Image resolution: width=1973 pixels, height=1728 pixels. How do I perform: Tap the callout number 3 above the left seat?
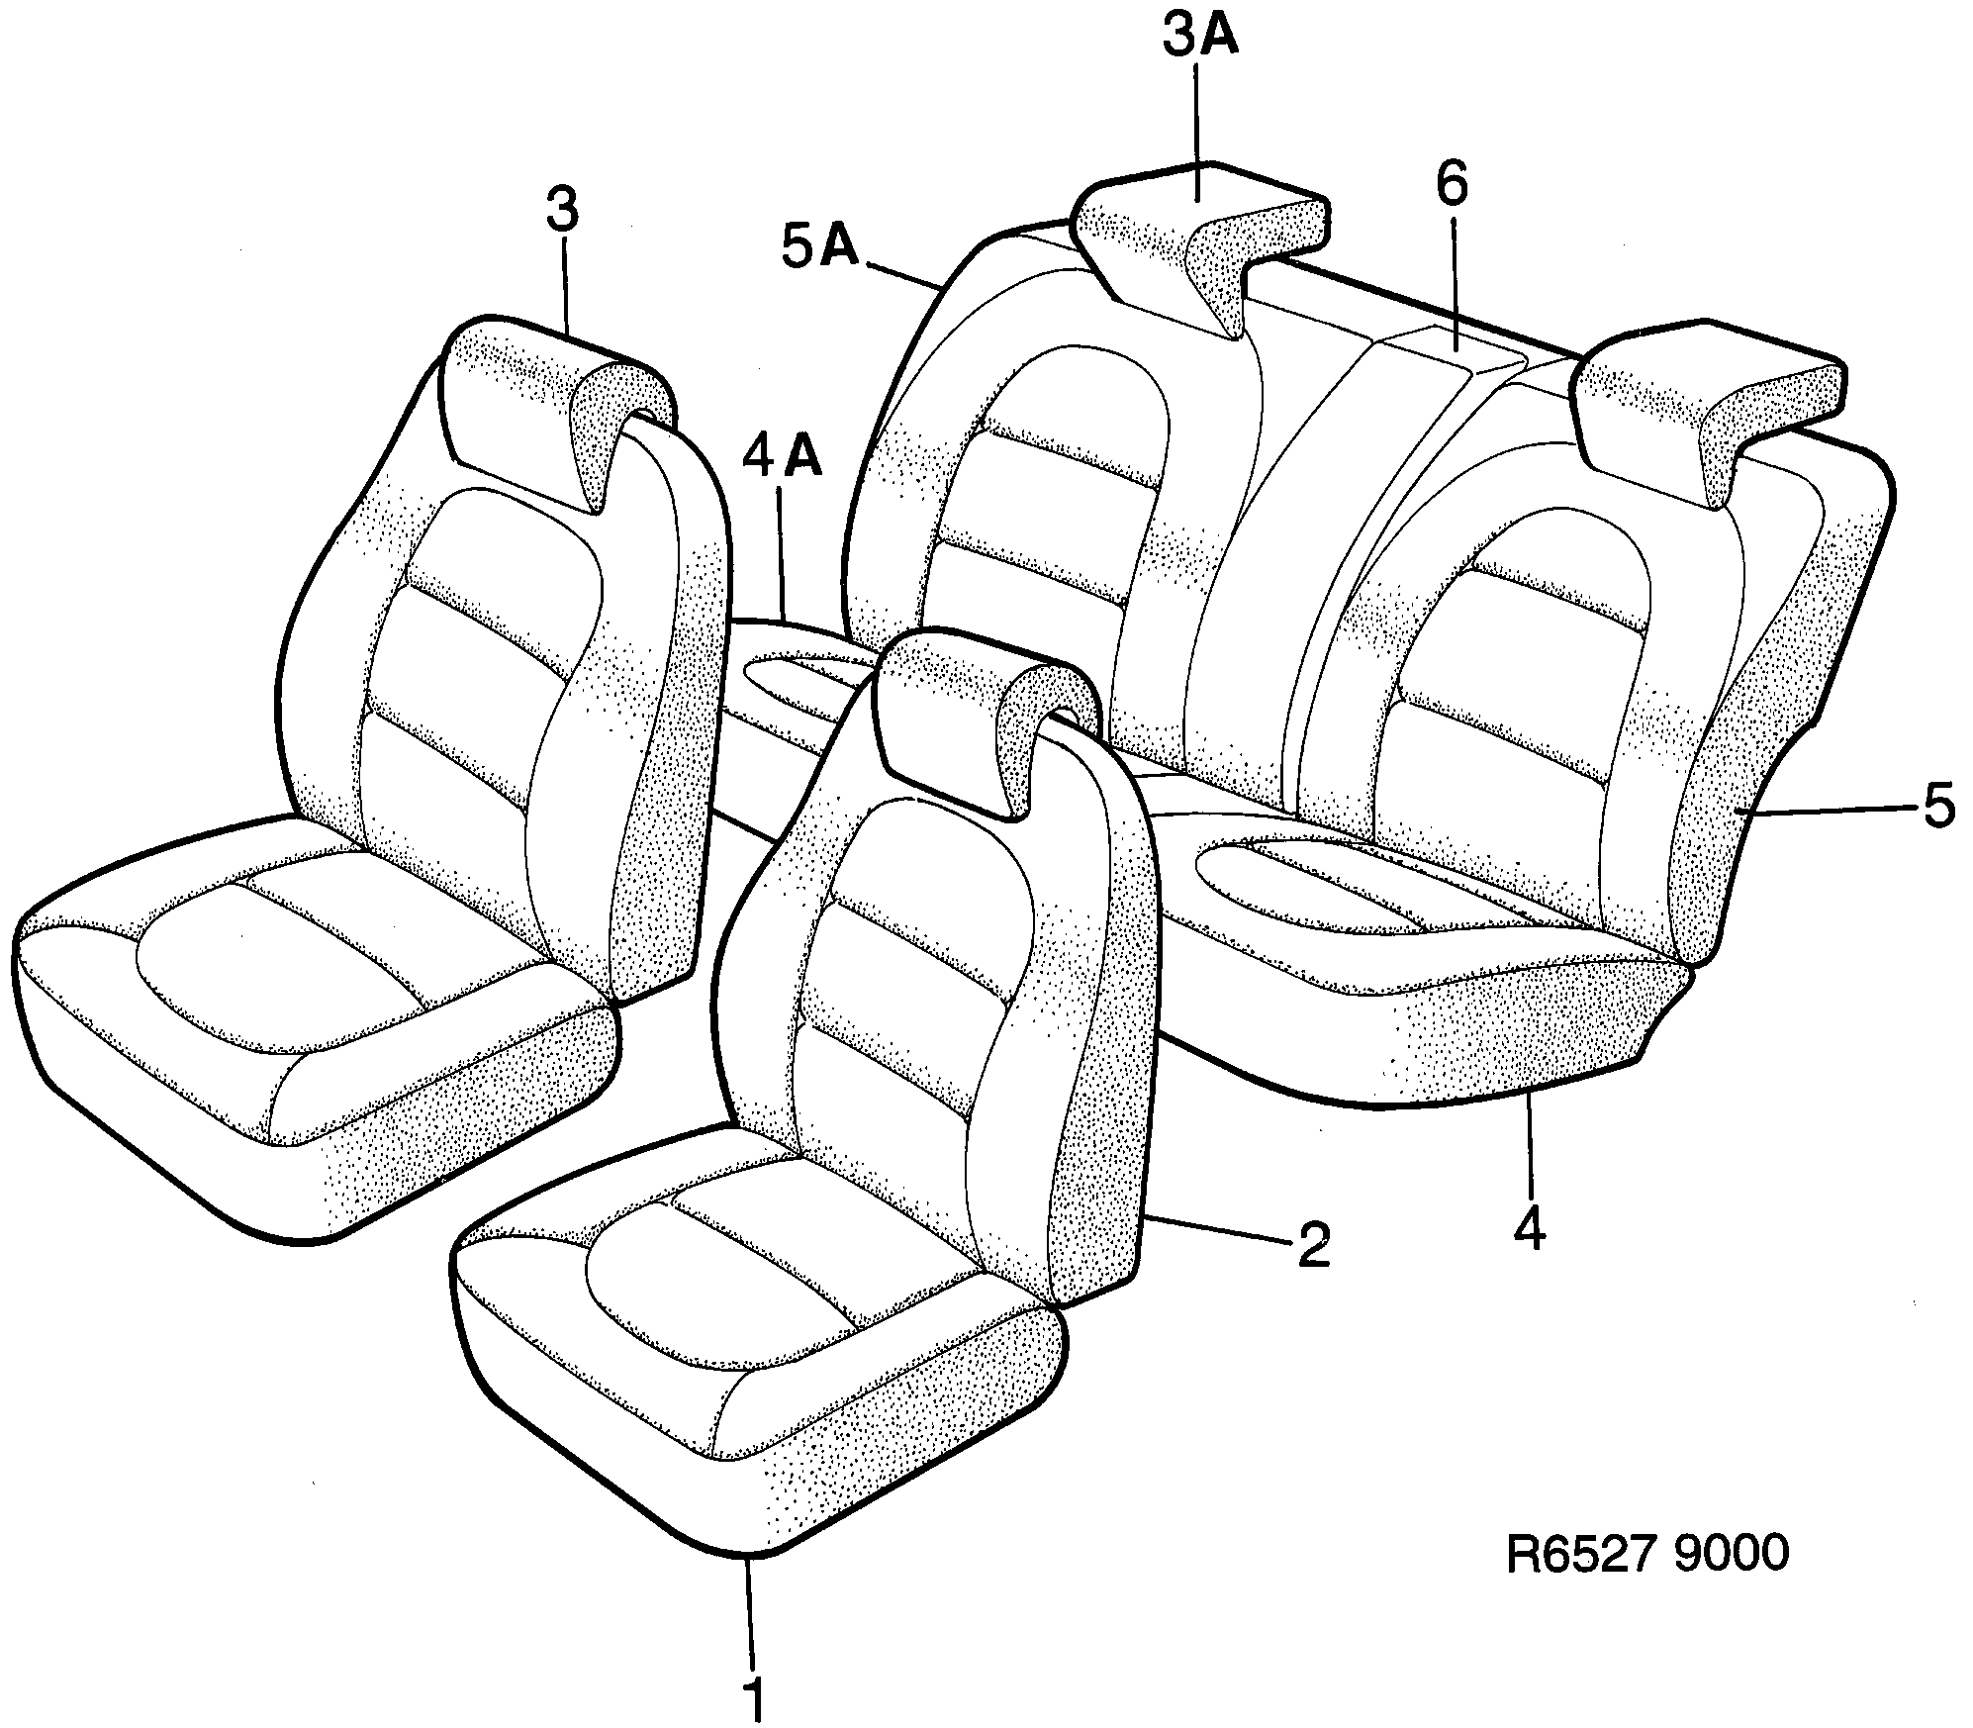[561, 213]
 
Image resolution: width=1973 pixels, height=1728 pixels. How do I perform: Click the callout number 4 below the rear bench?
[1530, 1230]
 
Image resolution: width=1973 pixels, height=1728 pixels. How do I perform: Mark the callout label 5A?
[820, 247]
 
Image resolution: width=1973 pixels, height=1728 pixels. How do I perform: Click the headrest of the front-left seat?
[554, 406]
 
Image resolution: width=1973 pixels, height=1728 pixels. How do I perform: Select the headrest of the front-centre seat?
[980, 713]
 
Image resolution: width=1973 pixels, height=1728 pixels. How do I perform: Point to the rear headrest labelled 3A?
[1202, 238]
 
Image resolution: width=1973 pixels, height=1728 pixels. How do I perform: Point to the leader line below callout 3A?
[1198, 129]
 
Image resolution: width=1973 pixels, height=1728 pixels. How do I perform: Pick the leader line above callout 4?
[1529, 1148]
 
